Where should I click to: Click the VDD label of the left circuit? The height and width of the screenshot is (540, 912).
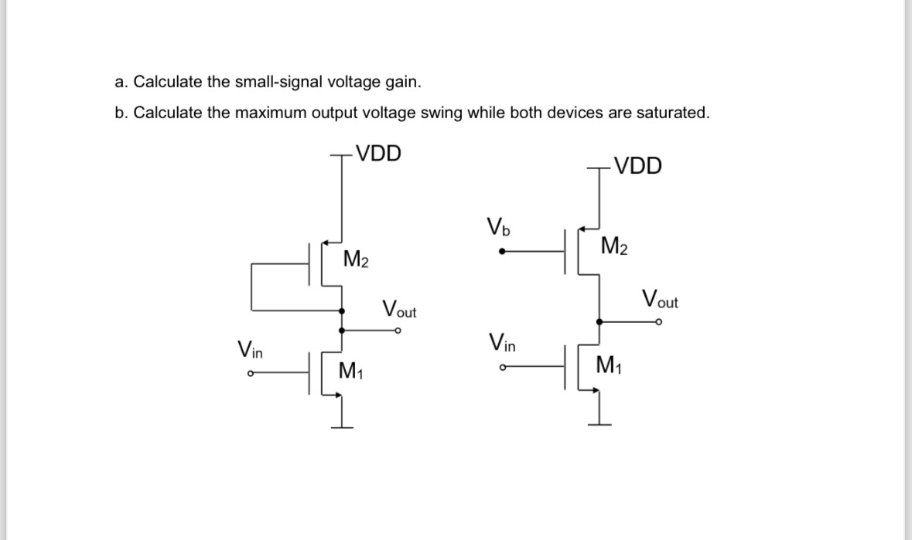point(378,153)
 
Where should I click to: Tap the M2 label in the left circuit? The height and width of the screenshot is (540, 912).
point(356,259)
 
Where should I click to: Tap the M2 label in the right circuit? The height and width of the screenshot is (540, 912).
point(614,247)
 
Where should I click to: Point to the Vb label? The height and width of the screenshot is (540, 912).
point(499,228)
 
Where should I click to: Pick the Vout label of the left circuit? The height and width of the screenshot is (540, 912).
point(400,309)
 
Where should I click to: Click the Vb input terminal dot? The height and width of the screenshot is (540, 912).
point(504,250)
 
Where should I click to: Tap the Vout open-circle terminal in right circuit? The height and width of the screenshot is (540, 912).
point(658,324)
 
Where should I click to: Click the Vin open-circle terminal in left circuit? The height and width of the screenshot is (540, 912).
point(250,375)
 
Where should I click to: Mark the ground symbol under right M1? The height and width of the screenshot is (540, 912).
point(598,422)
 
